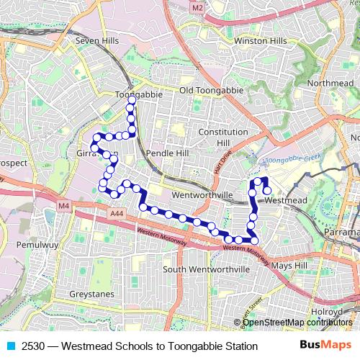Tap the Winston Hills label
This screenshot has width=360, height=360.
[260, 41]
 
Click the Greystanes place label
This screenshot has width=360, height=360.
[92, 294]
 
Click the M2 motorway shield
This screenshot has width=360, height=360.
[199, 7]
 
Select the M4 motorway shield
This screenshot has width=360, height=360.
[64, 207]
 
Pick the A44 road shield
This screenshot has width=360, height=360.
[118, 214]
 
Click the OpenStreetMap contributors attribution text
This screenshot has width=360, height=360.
[297, 323]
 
